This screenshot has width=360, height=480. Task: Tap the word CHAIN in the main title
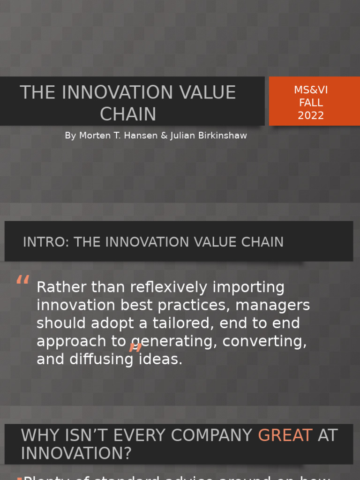pyautogui.click(x=128, y=114)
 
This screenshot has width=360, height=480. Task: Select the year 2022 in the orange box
pyautogui.click(x=311, y=115)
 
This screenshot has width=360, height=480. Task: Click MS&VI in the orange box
pyautogui.click(x=311, y=90)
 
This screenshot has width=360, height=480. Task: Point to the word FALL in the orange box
pyautogui.click(x=311, y=103)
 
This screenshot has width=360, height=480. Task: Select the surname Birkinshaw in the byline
pyautogui.click(x=221, y=135)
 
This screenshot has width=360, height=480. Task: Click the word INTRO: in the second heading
pyautogui.click(x=46, y=242)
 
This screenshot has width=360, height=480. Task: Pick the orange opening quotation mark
pyautogui.click(x=22, y=281)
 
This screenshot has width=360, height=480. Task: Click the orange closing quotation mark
pyautogui.click(x=135, y=347)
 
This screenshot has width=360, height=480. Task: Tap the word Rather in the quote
pyautogui.click(x=60, y=287)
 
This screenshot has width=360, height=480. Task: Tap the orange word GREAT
pyautogui.click(x=285, y=435)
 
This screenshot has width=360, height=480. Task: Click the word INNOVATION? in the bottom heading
pyautogui.click(x=76, y=453)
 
